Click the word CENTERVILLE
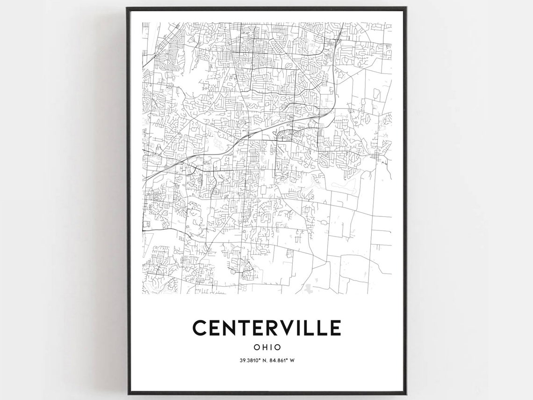point(266,328)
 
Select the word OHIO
point(267,348)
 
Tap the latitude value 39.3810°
point(249,360)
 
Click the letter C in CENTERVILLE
point(200,328)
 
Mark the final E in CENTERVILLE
point(334,328)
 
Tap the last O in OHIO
point(278,348)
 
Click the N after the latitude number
point(263,360)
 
